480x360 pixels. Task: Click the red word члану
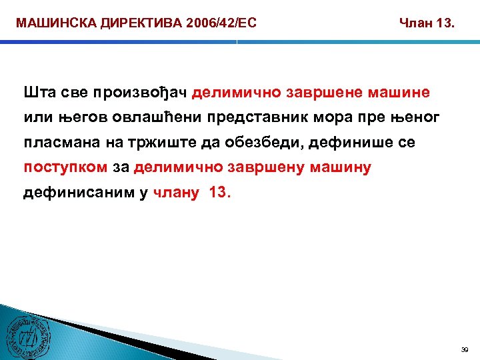(176, 193)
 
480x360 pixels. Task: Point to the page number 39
(465, 349)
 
